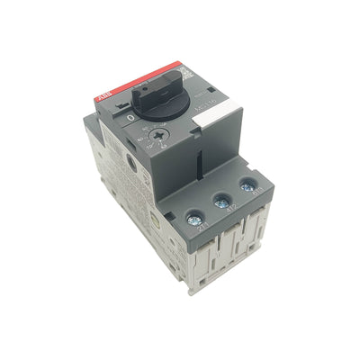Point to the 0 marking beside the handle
click(x=132, y=117)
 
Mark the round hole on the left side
click(x=131, y=164)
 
